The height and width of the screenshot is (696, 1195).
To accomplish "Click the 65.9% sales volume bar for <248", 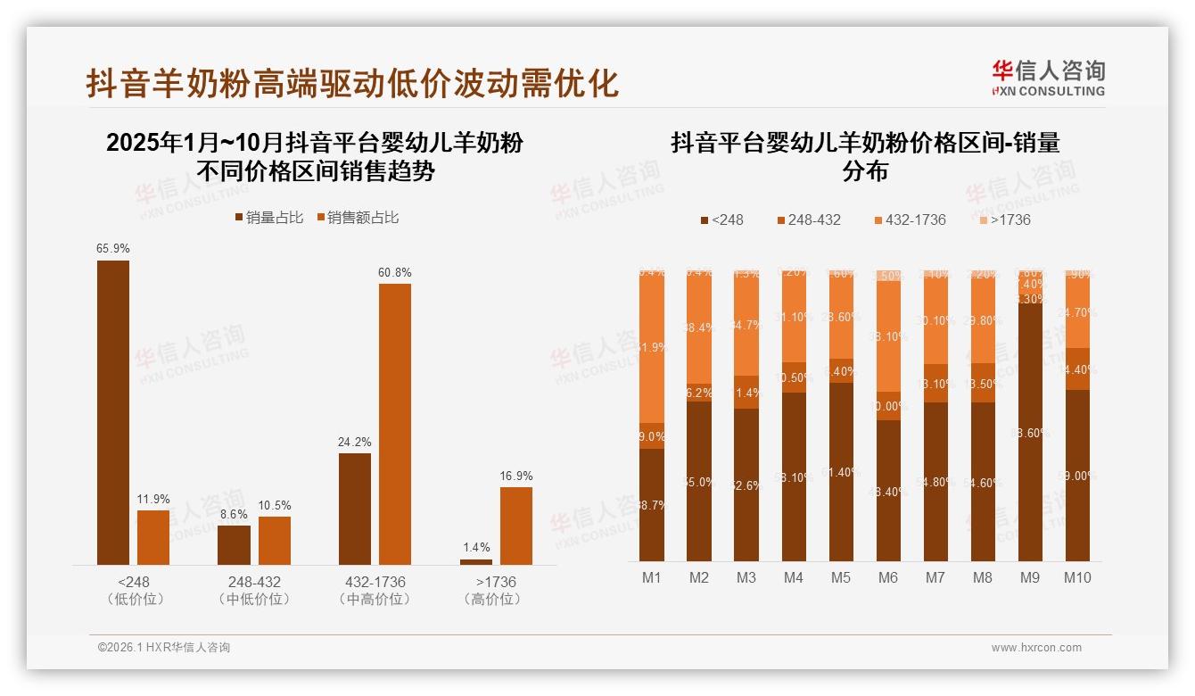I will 113,412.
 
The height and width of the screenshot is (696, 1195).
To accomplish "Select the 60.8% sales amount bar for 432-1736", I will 395,424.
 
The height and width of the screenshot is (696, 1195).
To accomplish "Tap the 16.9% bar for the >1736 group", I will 515,526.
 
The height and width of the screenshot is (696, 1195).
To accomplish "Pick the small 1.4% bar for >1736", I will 475,561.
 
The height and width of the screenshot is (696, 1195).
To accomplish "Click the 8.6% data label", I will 234,514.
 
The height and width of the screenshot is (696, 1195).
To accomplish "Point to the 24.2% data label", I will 355,442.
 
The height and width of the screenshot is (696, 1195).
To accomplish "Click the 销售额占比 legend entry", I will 357,217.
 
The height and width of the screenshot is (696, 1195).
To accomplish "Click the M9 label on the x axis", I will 1029,577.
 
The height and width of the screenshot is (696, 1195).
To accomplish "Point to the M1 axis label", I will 652,577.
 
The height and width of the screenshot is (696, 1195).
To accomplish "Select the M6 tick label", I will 887,577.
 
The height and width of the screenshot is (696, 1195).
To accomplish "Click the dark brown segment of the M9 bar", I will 1029,433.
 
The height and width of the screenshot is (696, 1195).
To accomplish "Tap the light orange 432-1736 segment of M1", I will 652,348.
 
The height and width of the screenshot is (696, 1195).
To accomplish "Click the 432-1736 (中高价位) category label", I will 375,590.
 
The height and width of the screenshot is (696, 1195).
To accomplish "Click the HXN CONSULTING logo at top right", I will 1048,79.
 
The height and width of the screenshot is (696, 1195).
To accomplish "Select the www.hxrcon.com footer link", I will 1036,648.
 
